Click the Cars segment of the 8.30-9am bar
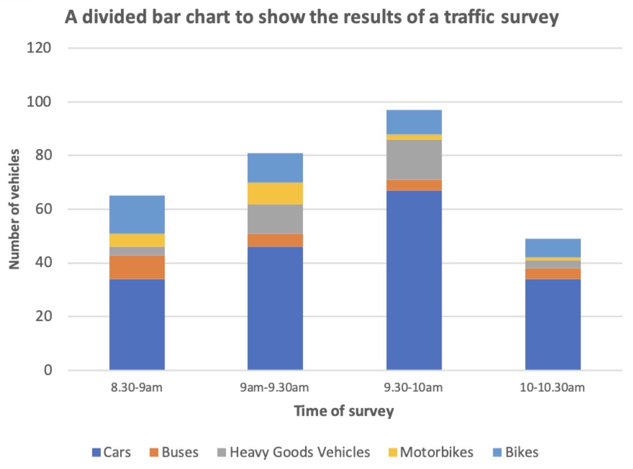137,324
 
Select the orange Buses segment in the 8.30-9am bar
137,267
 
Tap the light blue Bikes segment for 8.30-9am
137,214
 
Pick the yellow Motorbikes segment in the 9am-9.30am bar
275,193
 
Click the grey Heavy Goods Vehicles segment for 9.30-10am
413,159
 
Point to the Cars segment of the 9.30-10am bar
413,280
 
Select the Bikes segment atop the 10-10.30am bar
552,248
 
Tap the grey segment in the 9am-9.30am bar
275,218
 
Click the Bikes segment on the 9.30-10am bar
413,122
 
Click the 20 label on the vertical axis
43,316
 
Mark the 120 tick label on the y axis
39,48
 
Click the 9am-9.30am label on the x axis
275,387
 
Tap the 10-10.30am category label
552,387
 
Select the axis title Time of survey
344,412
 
